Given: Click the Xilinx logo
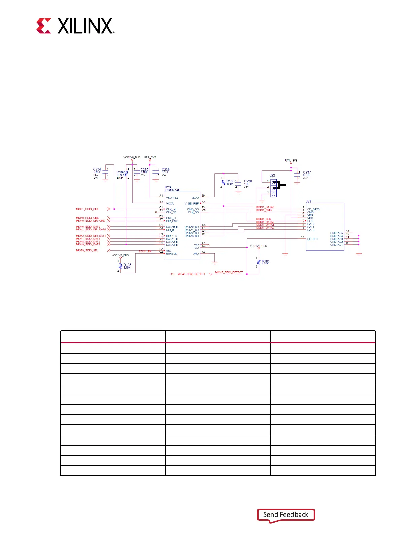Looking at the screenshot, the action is click(75, 26).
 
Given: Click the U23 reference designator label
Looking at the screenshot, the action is click(168, 187).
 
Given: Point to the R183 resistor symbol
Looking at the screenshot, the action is click(224, 182).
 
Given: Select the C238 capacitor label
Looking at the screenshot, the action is click(248, 181).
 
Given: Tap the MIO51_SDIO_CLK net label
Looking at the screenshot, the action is click(87, 209).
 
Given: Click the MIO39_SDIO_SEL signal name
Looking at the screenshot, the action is click(87, 250).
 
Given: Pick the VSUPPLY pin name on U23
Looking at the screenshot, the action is click(172, 198).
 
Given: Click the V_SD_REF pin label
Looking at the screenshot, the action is click(192, 203).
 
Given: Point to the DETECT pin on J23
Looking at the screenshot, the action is click(313, 239).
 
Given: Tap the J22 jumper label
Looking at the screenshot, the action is click(272, 175).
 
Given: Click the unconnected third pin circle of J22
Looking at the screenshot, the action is click(274, 194).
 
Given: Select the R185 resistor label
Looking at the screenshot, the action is click(127, 265).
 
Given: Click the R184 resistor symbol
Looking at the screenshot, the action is click(259, 262).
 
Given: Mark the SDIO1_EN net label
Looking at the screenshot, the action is click(145, 251).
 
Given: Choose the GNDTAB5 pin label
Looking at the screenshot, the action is click(336, 233).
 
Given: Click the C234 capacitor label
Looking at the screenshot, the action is click(97, 170).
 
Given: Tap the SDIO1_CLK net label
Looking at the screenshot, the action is click(264, 219).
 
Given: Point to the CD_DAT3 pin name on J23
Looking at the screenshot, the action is click(313, 209).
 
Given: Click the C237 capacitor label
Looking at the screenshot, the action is click(307, 172).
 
